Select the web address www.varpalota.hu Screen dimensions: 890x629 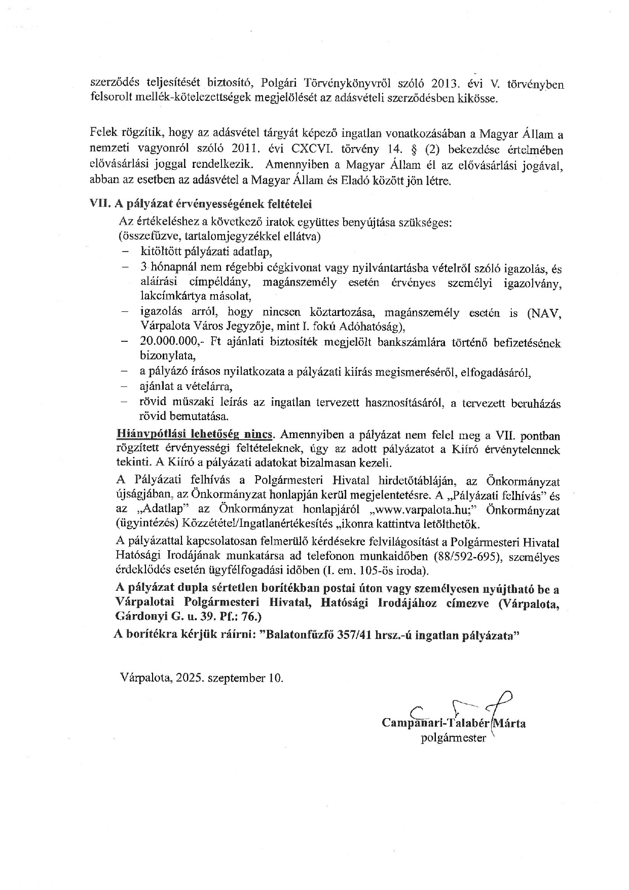426,510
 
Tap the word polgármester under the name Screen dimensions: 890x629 453,738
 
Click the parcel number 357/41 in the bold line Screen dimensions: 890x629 351,635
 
